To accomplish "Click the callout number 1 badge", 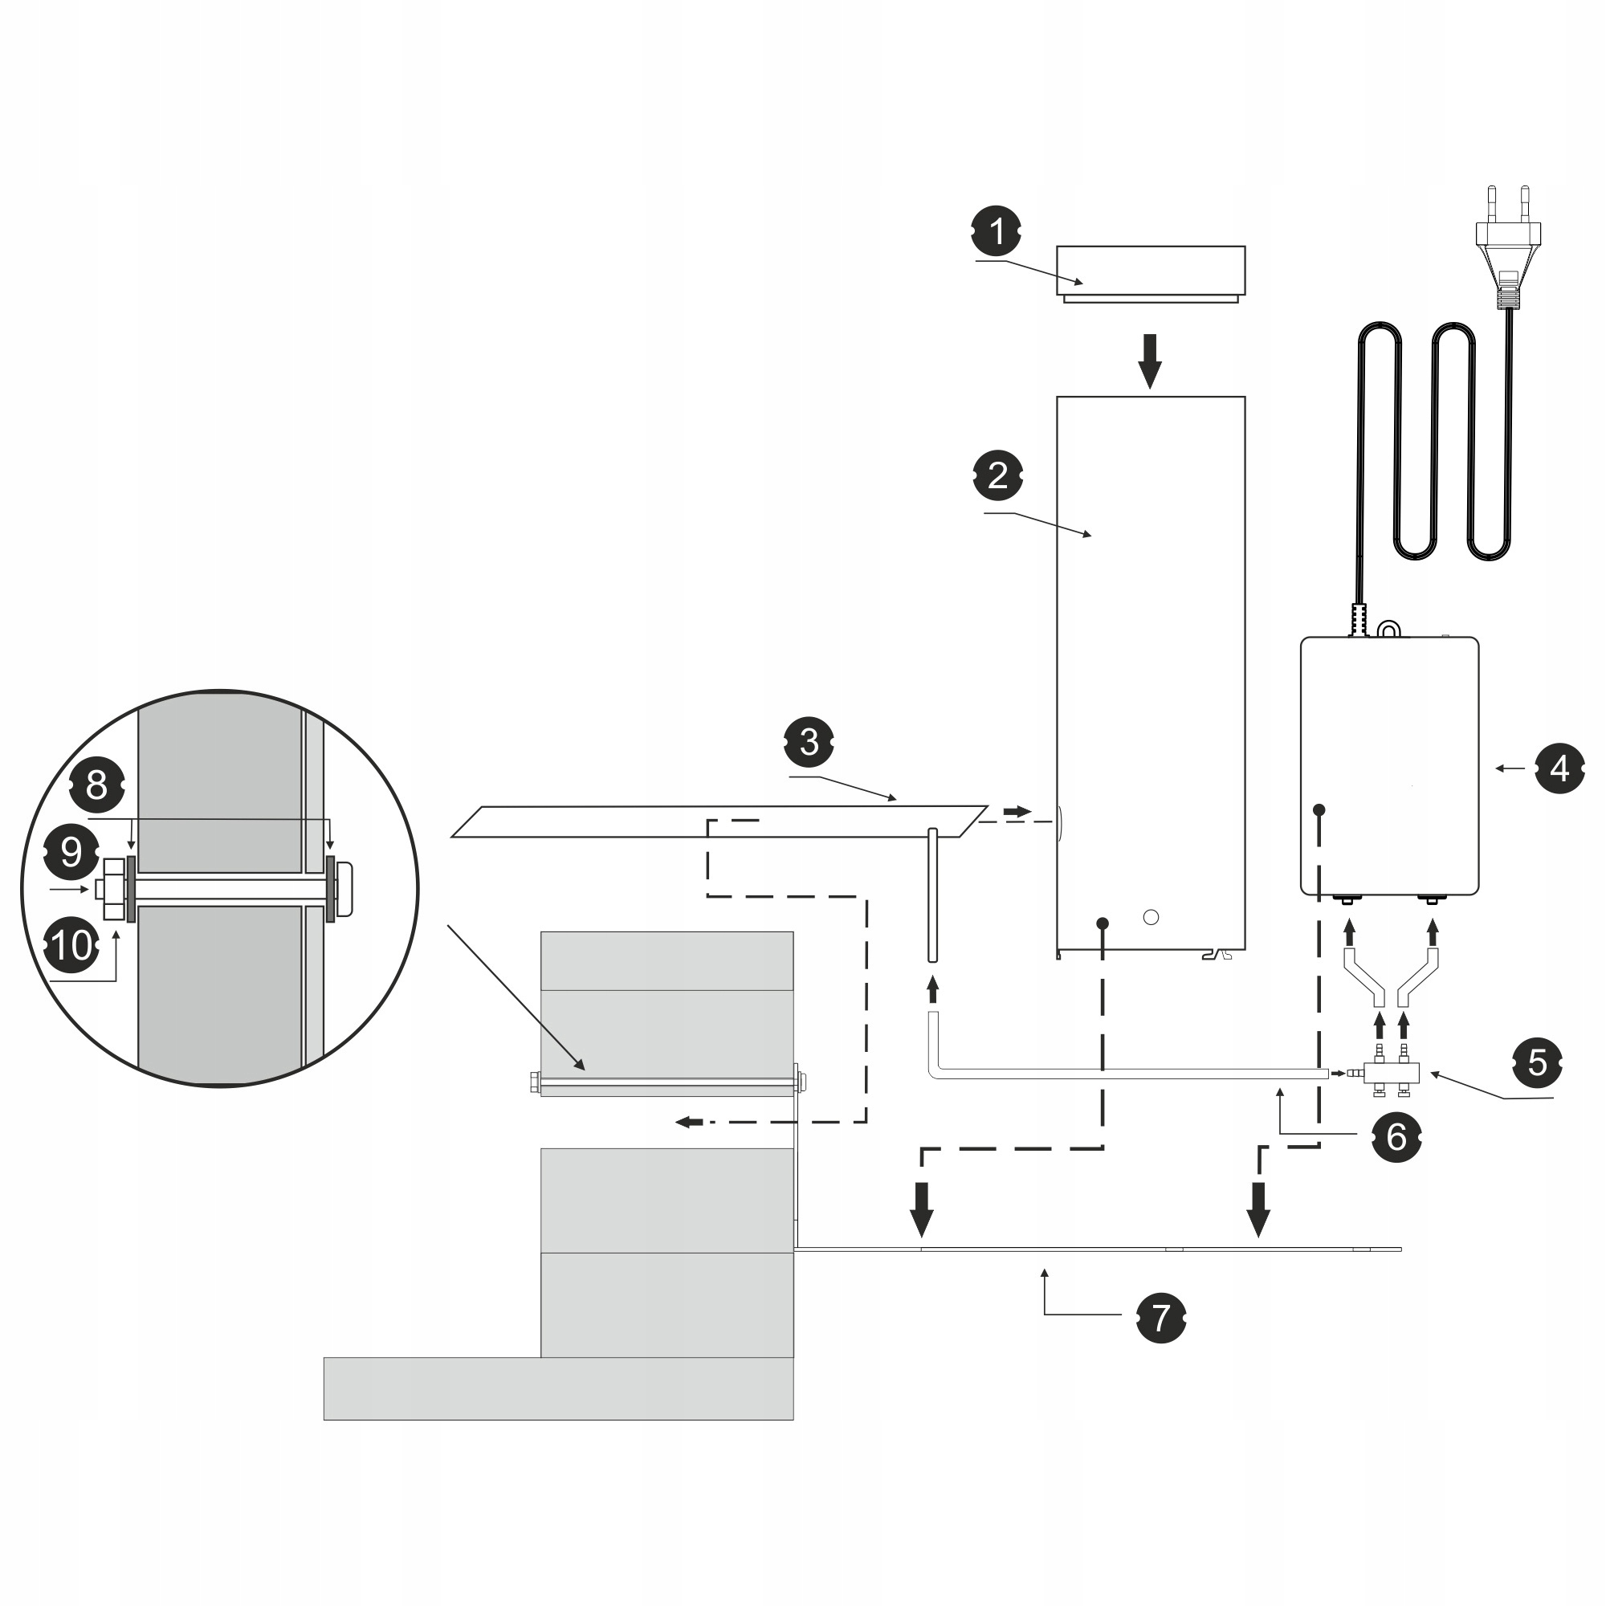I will pyautogui.click(x=996, y=231).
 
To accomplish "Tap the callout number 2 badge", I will pyautogui.click(x=997, y=475).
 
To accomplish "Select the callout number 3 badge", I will pyautogui.click(x=809, y=741).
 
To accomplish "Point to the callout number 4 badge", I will pyautogui.click(x=1559, y=768).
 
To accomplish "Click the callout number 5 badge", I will pyautogui.click(x=1537, y=1062).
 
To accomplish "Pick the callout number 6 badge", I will pyautogui.click(x=1396, y=1136).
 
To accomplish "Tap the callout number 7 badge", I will pyautogui.click(x=1160, y=1318).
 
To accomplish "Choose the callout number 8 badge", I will pyautogui.click(x=96, y=784).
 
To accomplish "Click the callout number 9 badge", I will pyautogui.click(x=71, y=851).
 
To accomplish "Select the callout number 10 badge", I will pyautogui.click(x=72, y=945).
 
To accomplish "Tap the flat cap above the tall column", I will pyautogui.click(x=1151, y=272).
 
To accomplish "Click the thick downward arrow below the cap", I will pyautogui.click(x=1150, y=360).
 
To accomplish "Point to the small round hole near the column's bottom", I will pyautogui.click(x=1152, y=917).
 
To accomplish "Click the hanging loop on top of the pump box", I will pyautogui.click(x=1388, y=630).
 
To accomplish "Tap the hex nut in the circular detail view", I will pyautogui.click(x=113, y=889).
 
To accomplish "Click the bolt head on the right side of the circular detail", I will pyautogui.click(x=345, y=889).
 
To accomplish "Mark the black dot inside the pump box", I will pyautogui.click(x=1319, y=809).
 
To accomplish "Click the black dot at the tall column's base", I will pyautogui.click(x=1103, y=923).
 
